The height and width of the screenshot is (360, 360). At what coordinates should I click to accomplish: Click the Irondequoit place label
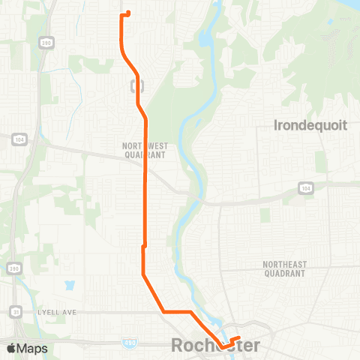(x=311, y=125)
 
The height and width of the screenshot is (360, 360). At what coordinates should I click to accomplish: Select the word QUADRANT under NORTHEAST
(x=283, y=274)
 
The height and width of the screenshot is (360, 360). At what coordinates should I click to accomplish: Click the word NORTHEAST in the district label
(x=283, y=265)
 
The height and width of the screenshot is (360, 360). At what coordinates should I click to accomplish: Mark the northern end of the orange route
(x=129, y=13)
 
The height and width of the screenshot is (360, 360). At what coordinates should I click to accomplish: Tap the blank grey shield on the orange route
(x=135, y=85)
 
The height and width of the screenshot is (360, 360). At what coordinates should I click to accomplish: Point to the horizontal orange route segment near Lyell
(x=178, y=311)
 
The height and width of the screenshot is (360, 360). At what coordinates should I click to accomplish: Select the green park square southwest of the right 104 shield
(x=264, y=215)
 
